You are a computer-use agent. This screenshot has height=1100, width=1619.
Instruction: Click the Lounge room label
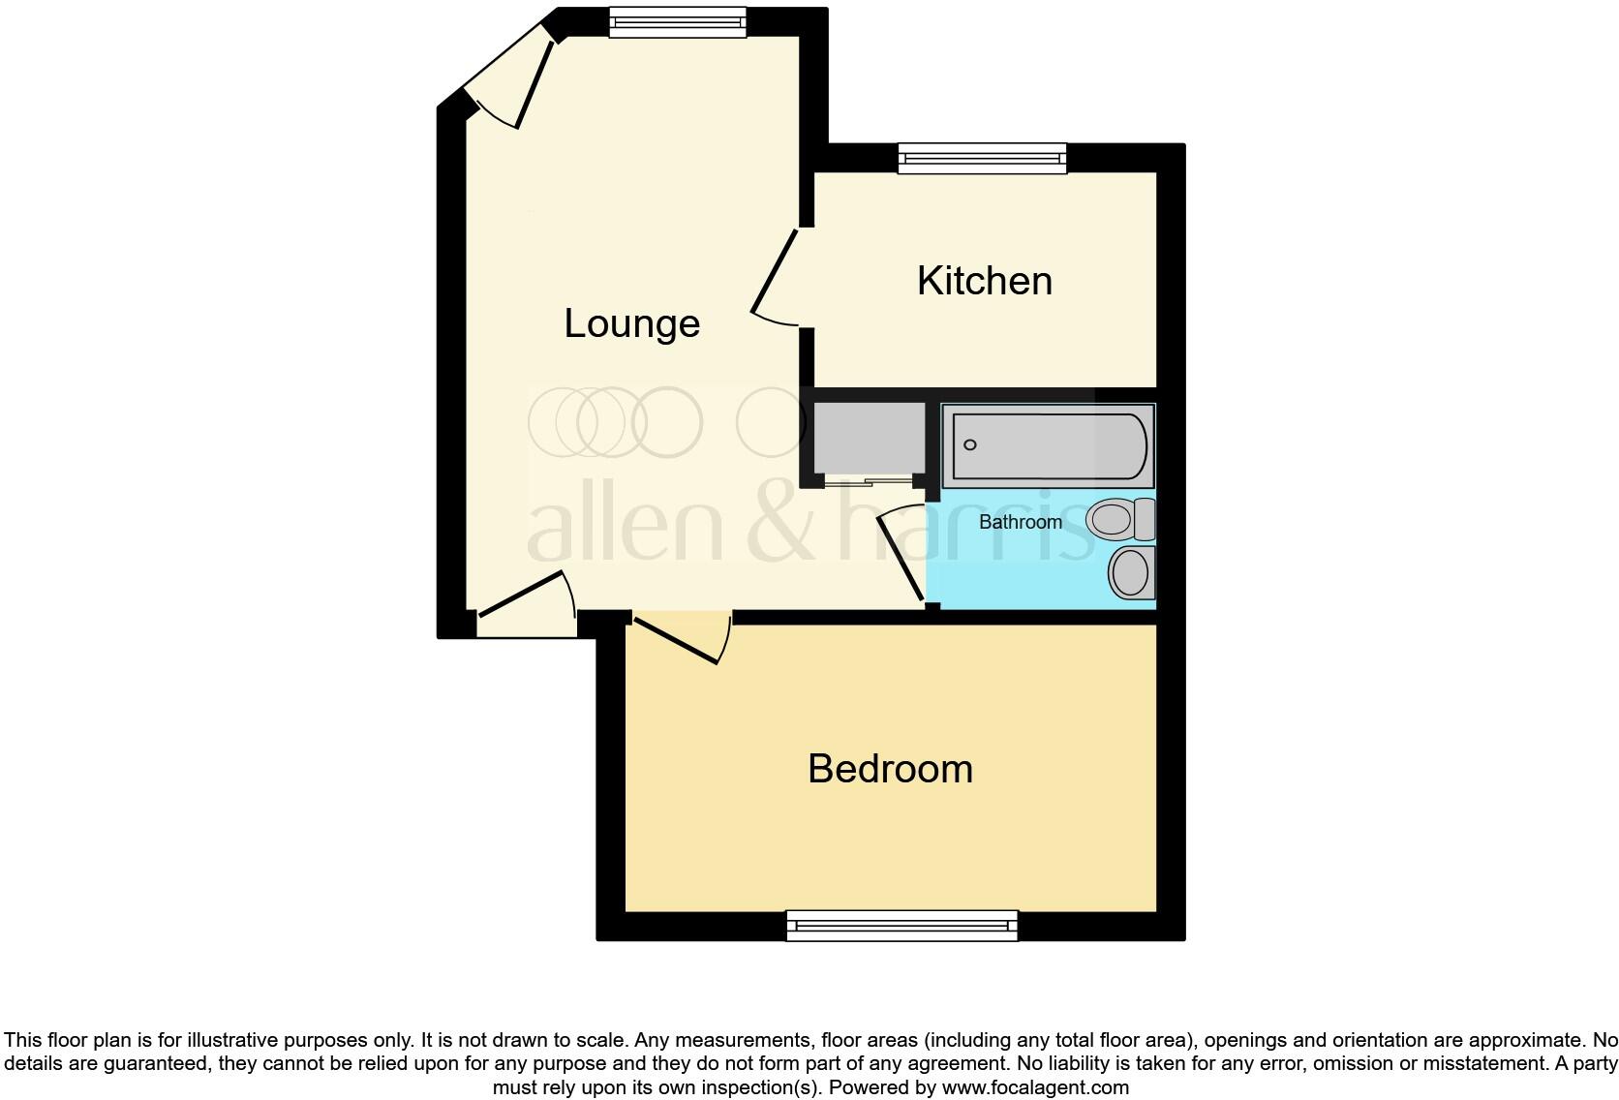click(x=631, y=323)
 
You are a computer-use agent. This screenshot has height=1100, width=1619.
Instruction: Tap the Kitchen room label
click(x=984, y=281)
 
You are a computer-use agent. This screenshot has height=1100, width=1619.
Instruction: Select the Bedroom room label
click(x=890, y=769)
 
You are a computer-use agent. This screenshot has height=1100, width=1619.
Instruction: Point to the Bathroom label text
click(x=1020, y=522)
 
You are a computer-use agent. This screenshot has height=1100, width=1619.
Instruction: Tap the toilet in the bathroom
click(x=1120, y=520)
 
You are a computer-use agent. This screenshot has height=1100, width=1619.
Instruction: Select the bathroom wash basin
click(x=1131, y=573)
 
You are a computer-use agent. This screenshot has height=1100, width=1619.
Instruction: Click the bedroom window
click(x=901, y=926)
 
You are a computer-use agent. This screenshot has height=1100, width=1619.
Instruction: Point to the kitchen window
click(x=982, y=158)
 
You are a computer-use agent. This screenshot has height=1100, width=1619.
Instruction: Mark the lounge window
click(x=678, y=21)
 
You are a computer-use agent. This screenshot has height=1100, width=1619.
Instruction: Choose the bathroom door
click(x=901, y=557)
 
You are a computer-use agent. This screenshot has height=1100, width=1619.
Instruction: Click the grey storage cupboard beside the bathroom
click(x=869, y=437)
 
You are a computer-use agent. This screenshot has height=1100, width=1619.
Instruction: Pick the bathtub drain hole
click(x=970, y=445)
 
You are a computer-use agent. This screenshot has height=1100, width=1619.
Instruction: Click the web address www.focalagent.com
click(x=1034, y=1087)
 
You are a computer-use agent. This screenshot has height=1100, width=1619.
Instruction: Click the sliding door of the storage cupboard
click(x=869, y=479)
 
